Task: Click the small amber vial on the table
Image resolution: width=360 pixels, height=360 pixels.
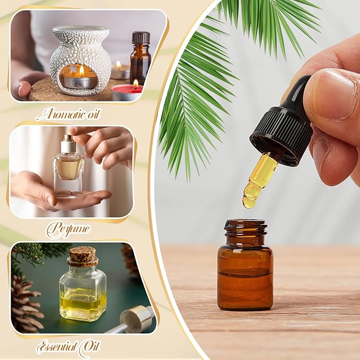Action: tap(245, 270)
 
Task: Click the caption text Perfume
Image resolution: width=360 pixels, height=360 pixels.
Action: tap(67, 229)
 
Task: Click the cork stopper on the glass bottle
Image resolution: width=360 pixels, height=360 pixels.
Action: tap(82, 256)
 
